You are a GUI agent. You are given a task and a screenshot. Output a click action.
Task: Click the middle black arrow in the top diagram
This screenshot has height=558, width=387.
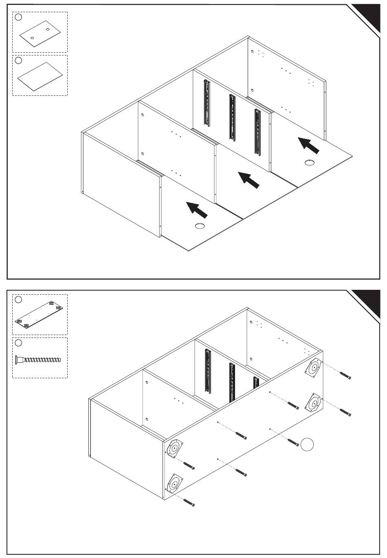[x=249, y=180]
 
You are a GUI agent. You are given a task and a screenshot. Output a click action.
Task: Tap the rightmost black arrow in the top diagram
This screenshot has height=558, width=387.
[x=308, y=145]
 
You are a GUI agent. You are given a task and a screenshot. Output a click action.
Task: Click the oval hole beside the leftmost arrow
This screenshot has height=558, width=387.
[x=200, y=226]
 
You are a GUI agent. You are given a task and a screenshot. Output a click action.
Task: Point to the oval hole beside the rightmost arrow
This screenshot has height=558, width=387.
[x=310, y=163]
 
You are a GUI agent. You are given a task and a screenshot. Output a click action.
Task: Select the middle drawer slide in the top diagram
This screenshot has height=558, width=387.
[x=232, y=117]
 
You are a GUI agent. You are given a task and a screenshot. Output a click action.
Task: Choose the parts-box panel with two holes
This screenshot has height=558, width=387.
[x=40, y=33]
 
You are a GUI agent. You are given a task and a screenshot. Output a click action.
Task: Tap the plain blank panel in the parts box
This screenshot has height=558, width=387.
[x=40, y=76]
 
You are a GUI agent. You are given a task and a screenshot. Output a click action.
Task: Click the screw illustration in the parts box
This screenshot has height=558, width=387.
[x=38, y=360]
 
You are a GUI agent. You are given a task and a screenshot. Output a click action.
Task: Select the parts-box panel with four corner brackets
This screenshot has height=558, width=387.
[x=40, y=315]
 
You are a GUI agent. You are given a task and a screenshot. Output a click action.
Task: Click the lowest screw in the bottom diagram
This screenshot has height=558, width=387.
[x=188, y=502]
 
